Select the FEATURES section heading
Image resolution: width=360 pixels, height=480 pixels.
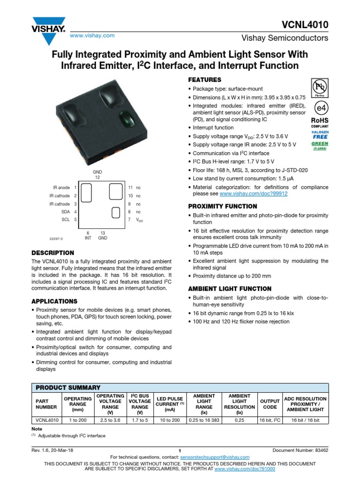204,80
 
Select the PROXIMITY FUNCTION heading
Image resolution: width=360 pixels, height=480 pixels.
222,206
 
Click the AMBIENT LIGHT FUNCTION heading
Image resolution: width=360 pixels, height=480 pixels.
230,289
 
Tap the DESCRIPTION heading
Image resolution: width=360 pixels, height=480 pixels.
52,253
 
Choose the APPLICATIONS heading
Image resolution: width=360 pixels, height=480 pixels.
54,301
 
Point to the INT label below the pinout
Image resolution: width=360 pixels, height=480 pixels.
88,238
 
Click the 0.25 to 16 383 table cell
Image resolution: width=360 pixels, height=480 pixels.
204,420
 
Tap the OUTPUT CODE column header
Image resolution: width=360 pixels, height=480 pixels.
270,404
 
